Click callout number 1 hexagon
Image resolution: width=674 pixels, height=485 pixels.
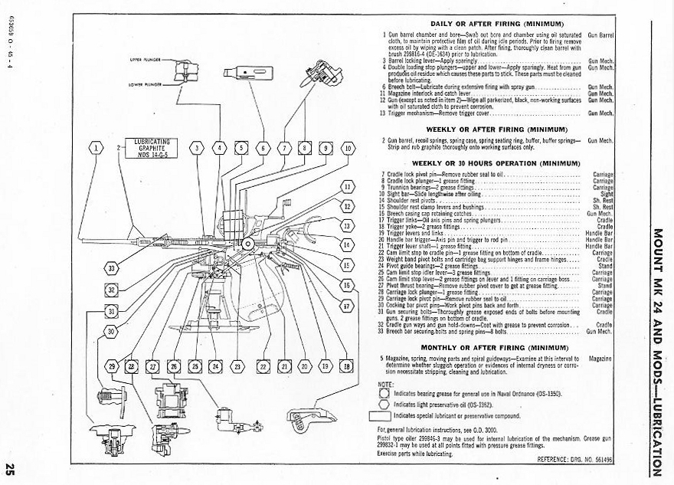[96, 148]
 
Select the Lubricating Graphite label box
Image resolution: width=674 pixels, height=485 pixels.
[151, 146]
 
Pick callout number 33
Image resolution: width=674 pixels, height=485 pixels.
[113, 268]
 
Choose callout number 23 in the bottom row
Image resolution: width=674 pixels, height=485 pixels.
[237, 367]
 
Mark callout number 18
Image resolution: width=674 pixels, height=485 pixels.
[346, 367]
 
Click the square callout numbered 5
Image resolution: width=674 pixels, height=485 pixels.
[241, 148]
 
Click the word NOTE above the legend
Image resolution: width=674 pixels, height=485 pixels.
[385, 384]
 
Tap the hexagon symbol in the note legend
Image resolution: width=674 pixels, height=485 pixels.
[384, 392]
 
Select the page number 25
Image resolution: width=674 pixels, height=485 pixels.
[10, 468]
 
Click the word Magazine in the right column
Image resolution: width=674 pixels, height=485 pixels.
[600, 358]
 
